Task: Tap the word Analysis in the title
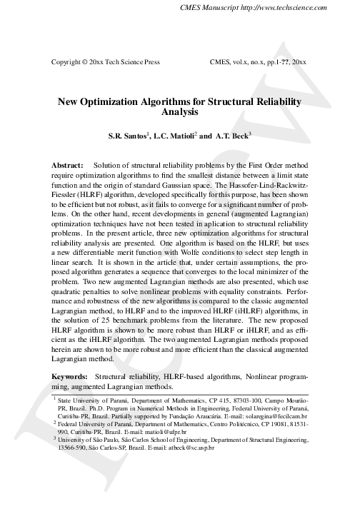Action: point(179,113)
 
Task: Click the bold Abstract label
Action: point(68,165)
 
